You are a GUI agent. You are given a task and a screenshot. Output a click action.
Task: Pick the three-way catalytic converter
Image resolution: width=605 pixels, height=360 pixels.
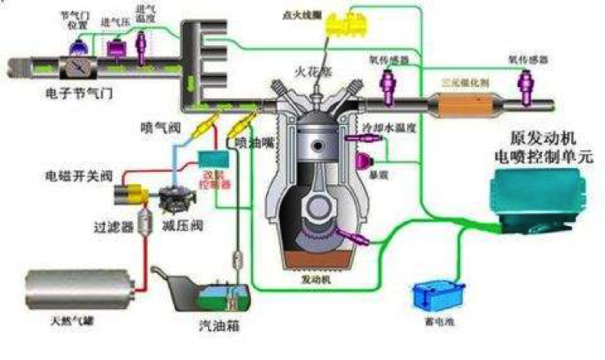point(462,105)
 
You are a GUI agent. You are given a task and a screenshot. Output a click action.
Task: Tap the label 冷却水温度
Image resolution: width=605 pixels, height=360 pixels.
point(380,128)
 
